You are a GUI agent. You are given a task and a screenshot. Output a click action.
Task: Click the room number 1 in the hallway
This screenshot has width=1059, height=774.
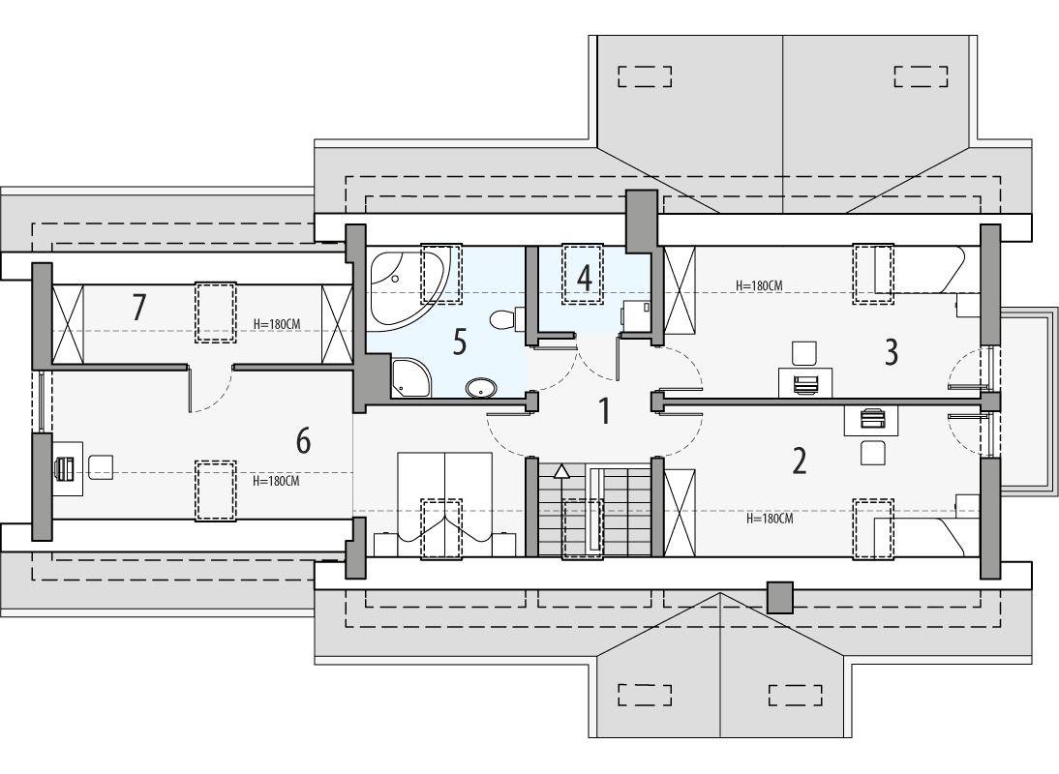[605, 411]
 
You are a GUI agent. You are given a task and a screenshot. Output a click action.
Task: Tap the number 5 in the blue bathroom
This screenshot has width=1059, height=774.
[459, 341]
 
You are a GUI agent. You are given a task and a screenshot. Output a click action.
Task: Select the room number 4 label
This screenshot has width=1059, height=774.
[584, 279]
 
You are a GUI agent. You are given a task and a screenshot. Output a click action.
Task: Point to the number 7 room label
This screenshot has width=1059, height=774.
[139, 308]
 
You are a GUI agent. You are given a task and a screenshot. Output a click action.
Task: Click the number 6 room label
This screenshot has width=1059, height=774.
[303, 441]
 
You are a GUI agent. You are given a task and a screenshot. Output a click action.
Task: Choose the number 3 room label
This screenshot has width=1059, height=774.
[891, 352]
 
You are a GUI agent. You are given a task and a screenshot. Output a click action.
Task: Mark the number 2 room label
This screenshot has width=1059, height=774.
[799, 461]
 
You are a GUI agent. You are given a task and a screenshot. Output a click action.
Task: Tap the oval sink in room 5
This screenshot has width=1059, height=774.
[481, 389]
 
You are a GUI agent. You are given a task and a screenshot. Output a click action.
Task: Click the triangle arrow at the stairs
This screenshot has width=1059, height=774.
[561, 471]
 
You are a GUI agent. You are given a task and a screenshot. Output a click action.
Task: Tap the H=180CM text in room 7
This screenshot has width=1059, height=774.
[276, 324]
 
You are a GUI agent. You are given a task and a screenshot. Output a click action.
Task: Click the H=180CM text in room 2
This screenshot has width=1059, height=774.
[770, 519]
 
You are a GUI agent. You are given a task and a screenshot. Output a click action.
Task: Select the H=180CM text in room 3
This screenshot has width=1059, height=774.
[759, 285]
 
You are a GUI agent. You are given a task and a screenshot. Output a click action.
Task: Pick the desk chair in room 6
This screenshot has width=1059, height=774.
[102, 467]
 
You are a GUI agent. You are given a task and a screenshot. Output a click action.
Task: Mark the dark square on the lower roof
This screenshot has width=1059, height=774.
[779, 597]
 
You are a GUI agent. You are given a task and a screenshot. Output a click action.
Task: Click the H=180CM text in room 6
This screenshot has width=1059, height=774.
[276, 481]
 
